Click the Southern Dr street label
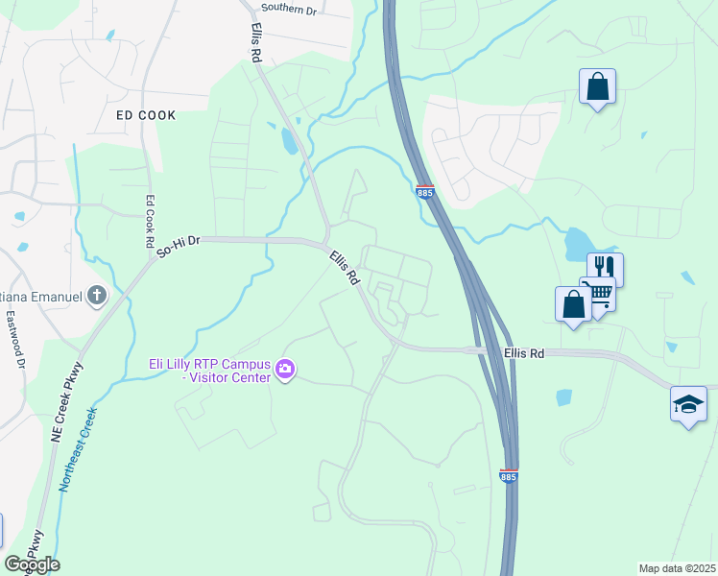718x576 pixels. click(290, 9)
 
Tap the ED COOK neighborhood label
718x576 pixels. click(146, 115)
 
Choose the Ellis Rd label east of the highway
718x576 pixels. click(524, 353)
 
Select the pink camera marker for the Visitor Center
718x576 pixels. click(284, 369)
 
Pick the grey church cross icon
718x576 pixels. click(97, 297)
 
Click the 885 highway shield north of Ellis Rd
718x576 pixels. click(426, 193)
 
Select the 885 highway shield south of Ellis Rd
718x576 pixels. click(508, 476)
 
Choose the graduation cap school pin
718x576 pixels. click(688, 403)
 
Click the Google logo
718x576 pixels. click(32, 564)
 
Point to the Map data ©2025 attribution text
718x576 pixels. click(677, 568)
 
